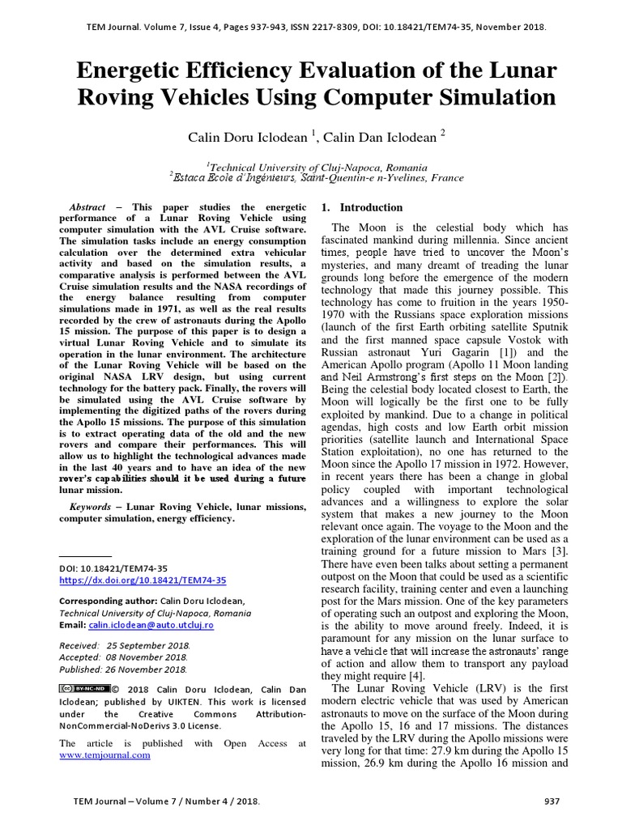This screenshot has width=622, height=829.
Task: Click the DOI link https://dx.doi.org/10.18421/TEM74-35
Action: (143, 580)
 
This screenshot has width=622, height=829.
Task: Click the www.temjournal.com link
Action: (105, 755)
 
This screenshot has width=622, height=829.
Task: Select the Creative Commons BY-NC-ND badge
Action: (83, 688)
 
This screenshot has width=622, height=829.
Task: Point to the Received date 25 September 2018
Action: (124, 645)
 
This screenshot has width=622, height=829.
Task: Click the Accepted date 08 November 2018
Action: (125, 657)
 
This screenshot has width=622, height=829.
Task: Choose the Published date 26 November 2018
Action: (124, 670)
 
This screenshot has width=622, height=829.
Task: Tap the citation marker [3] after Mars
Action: (560, 551)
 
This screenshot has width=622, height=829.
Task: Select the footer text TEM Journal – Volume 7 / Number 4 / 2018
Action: (167, 801)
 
